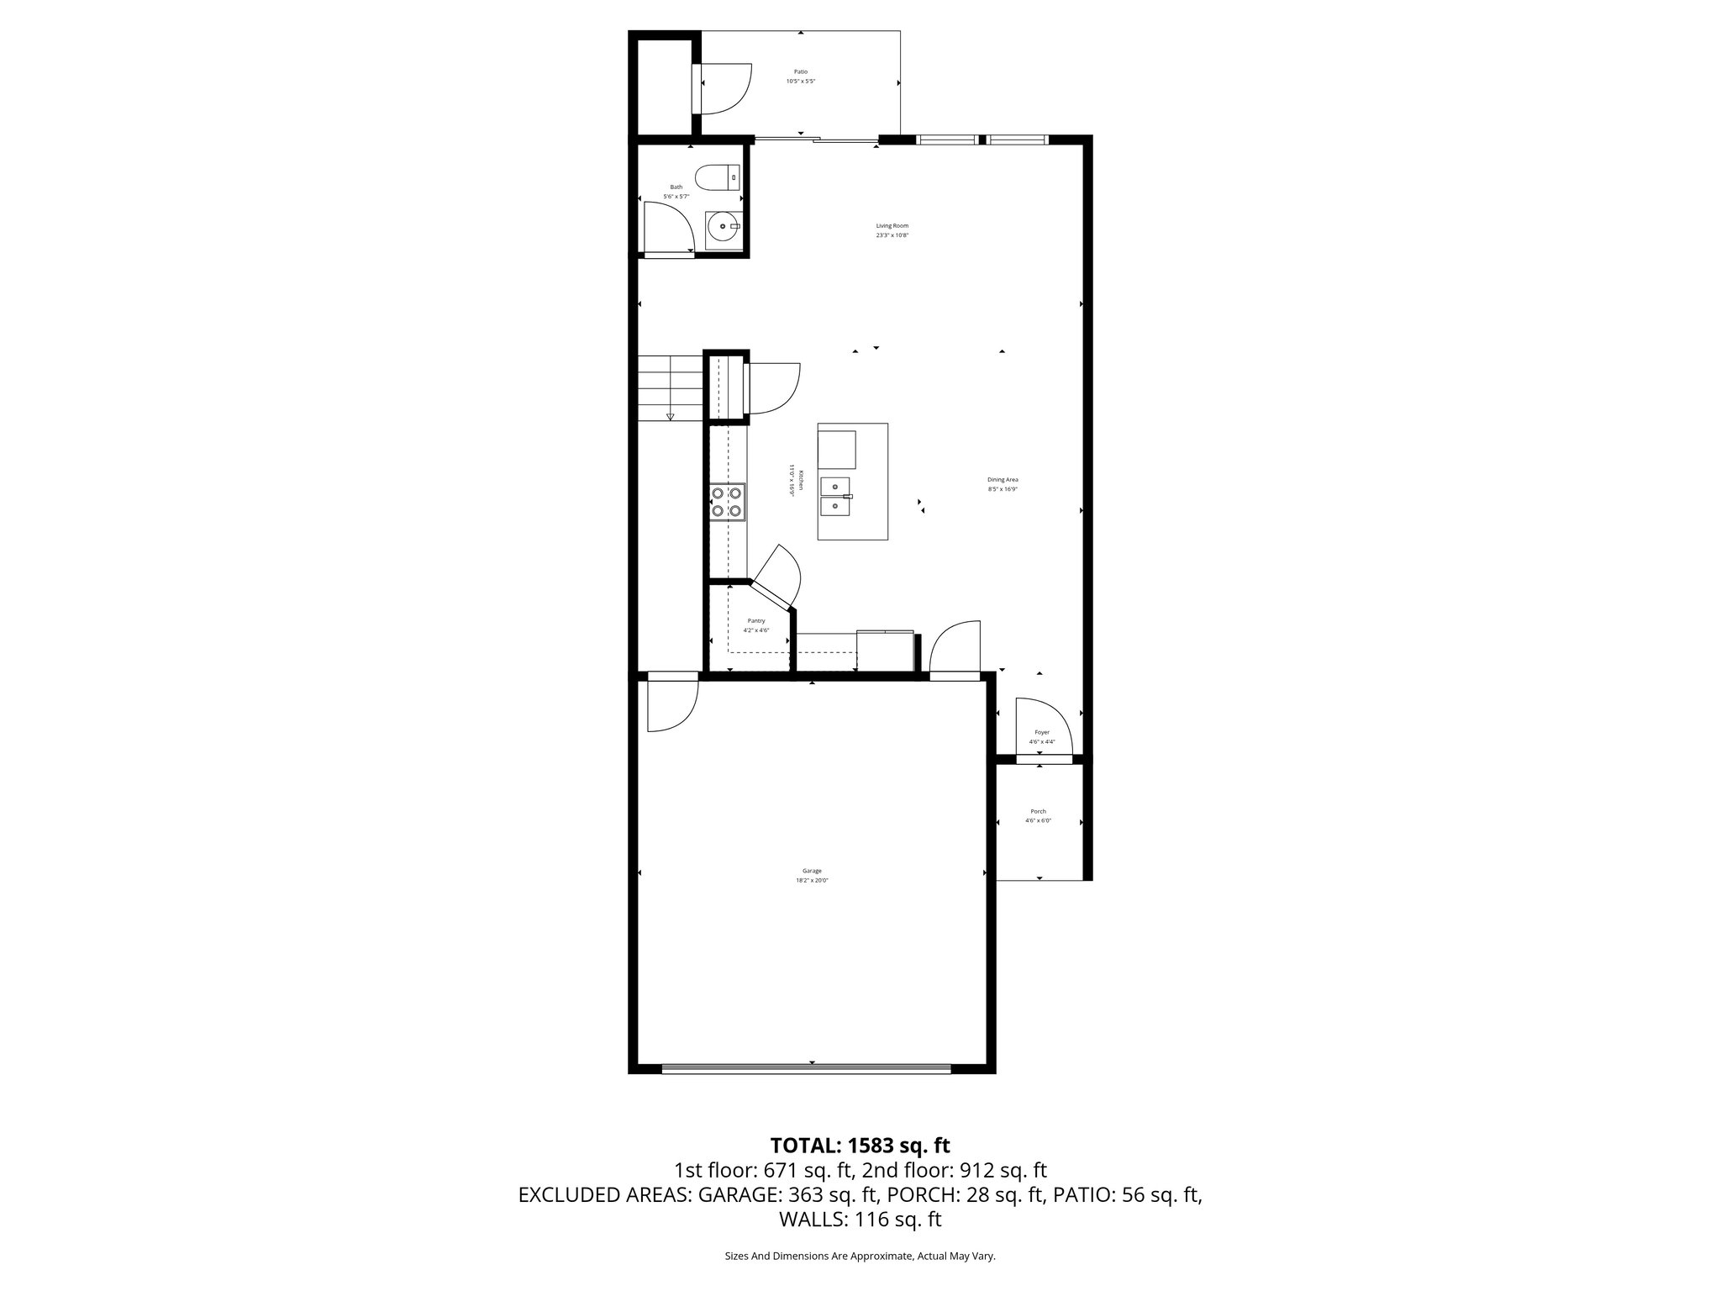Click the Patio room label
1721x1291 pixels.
click(x=800, y=72)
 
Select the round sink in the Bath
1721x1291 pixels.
click(x=722, y=226)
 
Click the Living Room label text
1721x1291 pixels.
click(x=892, y=225)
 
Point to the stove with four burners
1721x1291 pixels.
click(x=727, y=502)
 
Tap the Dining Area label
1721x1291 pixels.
click(x=1003, y=479)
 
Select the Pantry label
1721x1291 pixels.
click(x=756, y=620)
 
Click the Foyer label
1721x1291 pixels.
click(x=1041, y=732)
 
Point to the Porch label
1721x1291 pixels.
click(x=1038, y=811)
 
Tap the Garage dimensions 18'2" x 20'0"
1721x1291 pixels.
click(x=812, y=880)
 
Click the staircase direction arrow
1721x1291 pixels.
click(x=670, y=415)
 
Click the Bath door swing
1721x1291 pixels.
click(x=667, y=227)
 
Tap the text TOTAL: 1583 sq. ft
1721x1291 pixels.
click(x=860, y=1145)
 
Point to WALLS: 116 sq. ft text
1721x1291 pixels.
click(x=860, y=1219)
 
